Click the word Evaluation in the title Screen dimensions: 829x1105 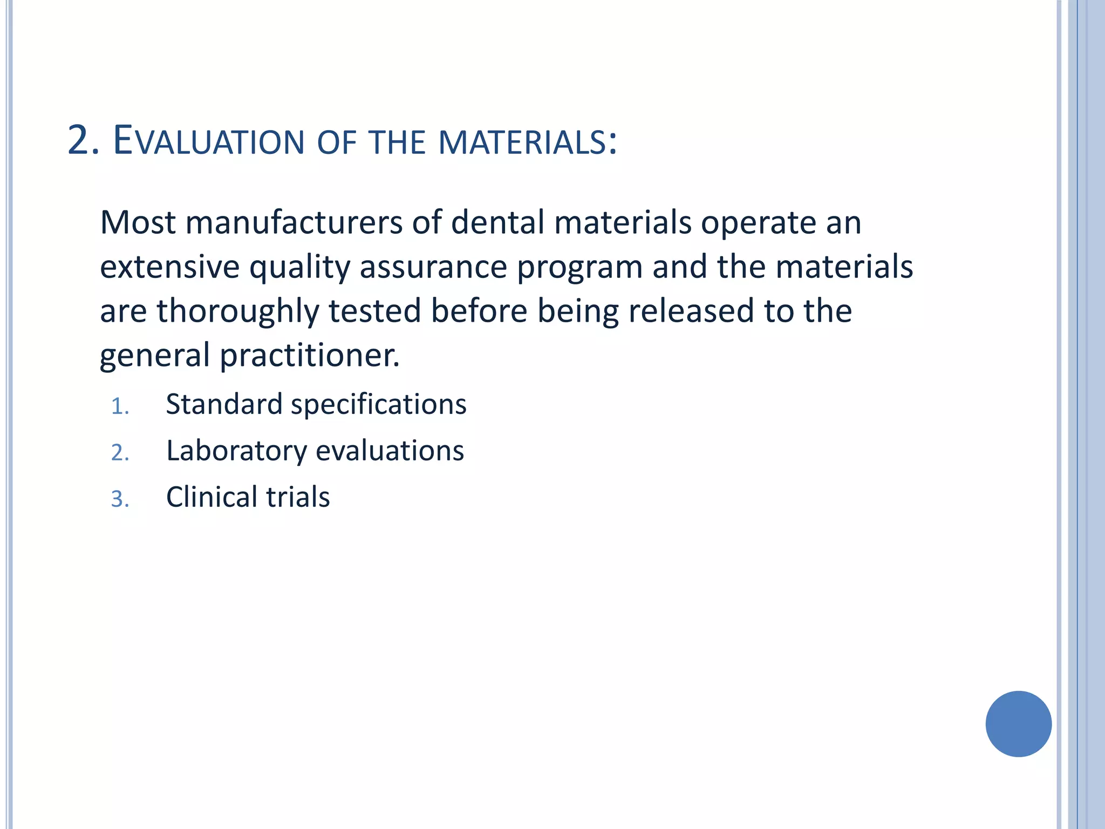[x=209, y=141]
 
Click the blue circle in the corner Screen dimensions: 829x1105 [x=1018, y=724]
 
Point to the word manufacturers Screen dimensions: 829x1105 [x=294, y=222]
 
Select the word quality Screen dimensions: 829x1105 [x=299, y=268]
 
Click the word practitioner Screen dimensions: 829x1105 [x=310, y=356]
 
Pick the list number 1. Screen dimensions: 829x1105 [x=120, y=406]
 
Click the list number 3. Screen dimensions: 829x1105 [x=120, y=499]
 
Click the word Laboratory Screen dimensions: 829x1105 [x=236, y=451]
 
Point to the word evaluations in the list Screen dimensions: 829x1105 [x=390, y=451]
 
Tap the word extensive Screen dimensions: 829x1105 [x=169, y=268]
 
